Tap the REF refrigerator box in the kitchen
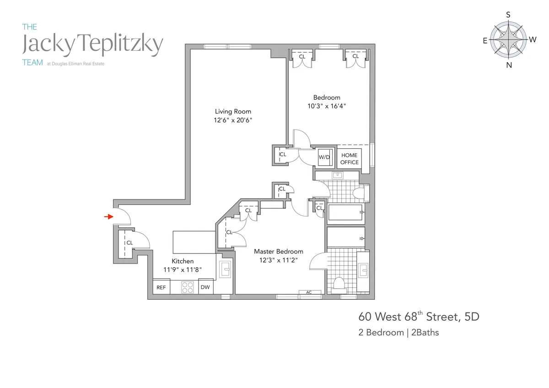click(161, 287)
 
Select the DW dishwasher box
click(205, 287)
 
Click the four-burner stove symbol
click(188, 287)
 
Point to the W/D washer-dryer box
click(324, 157)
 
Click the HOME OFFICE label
click(350, 159)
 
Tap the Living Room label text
click(233, 111)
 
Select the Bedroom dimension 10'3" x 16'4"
click(327, 106)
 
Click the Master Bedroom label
click(278, 251)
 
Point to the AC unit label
click(308, 292)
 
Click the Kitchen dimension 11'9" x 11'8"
click(183, 269)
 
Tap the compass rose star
click(508, 40)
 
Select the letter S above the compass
click(508, 15)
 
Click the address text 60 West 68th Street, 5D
click(419, 317)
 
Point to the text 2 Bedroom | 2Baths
click(398, 333)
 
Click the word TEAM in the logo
click(32, 63)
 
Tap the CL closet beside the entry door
click(129, 243)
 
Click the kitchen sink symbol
click(226, 269)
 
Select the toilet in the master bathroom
click(339, 284)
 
